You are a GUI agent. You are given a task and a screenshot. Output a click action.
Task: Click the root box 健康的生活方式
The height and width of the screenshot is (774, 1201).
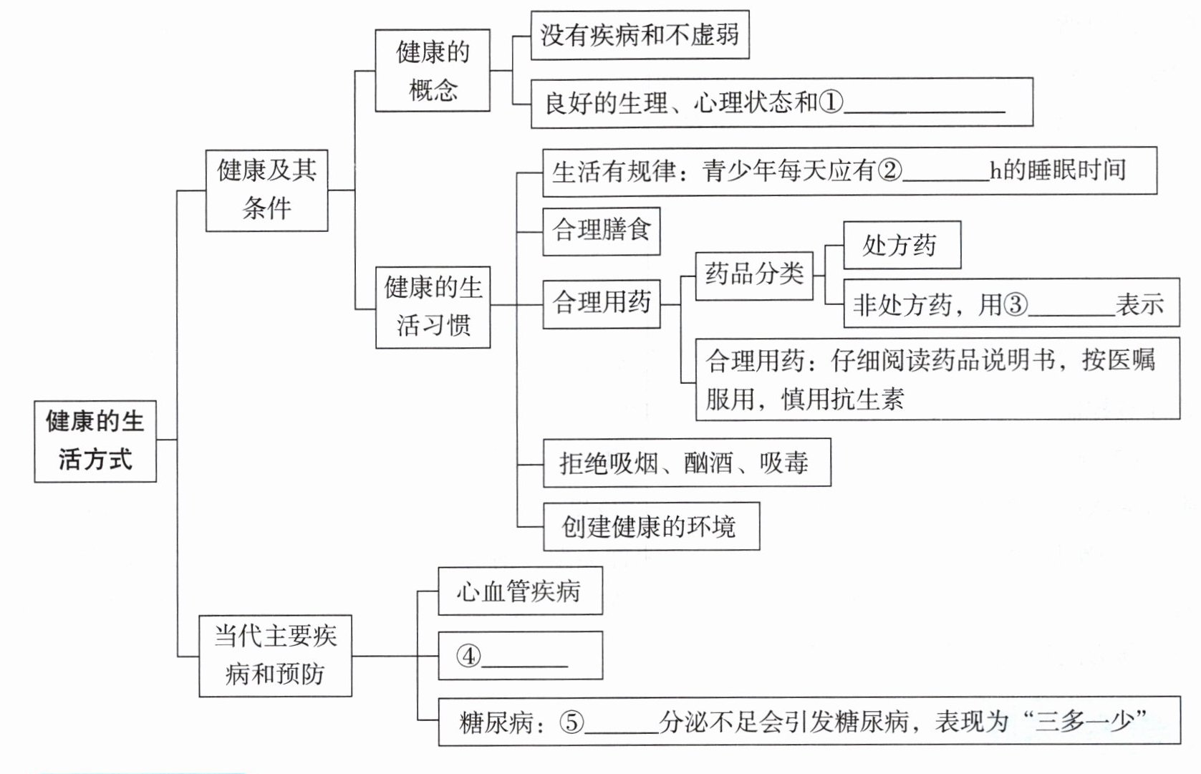coord(95,440)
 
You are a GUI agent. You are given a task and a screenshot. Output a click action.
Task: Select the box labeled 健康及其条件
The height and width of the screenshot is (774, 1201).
coord(266,190)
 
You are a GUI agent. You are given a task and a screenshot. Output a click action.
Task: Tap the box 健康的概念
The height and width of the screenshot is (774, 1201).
coord(433,70)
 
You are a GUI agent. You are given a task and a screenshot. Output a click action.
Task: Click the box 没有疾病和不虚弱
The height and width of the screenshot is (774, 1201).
coord(640,34)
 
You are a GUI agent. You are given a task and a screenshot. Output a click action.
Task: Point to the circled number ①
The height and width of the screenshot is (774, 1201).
coord(831,102)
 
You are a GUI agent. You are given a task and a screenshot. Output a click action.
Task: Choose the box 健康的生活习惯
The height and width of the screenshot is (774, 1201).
coord(433,306)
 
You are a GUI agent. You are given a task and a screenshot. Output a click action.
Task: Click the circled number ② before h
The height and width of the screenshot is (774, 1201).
coord(889,170)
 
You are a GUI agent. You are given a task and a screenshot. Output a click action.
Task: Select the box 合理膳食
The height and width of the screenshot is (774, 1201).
coord(601,231)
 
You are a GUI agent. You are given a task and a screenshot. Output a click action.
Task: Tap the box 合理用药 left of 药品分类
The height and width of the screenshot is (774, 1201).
coord(601,304)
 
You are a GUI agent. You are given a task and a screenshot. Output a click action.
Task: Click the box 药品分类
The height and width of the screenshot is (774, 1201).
coord(754,274)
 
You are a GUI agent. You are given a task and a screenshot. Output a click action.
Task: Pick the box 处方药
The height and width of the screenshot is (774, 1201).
coord(901,245)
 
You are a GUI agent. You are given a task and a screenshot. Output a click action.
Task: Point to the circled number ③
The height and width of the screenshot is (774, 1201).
coord(1015,305)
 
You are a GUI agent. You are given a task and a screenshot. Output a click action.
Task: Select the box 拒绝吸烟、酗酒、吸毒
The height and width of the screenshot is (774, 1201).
coord(686,463)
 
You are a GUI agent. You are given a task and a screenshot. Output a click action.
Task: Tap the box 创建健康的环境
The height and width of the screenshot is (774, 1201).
coord(650,526)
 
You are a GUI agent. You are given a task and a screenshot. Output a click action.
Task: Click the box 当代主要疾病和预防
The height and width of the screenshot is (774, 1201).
coord(275,655)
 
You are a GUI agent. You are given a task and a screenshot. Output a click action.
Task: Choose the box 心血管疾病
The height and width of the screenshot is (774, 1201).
coord(520,591)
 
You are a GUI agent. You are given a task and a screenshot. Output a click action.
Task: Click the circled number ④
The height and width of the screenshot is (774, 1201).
coord(468,656)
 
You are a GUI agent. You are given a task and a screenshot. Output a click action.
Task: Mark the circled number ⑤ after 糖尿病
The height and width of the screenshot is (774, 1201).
coord(571,722)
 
